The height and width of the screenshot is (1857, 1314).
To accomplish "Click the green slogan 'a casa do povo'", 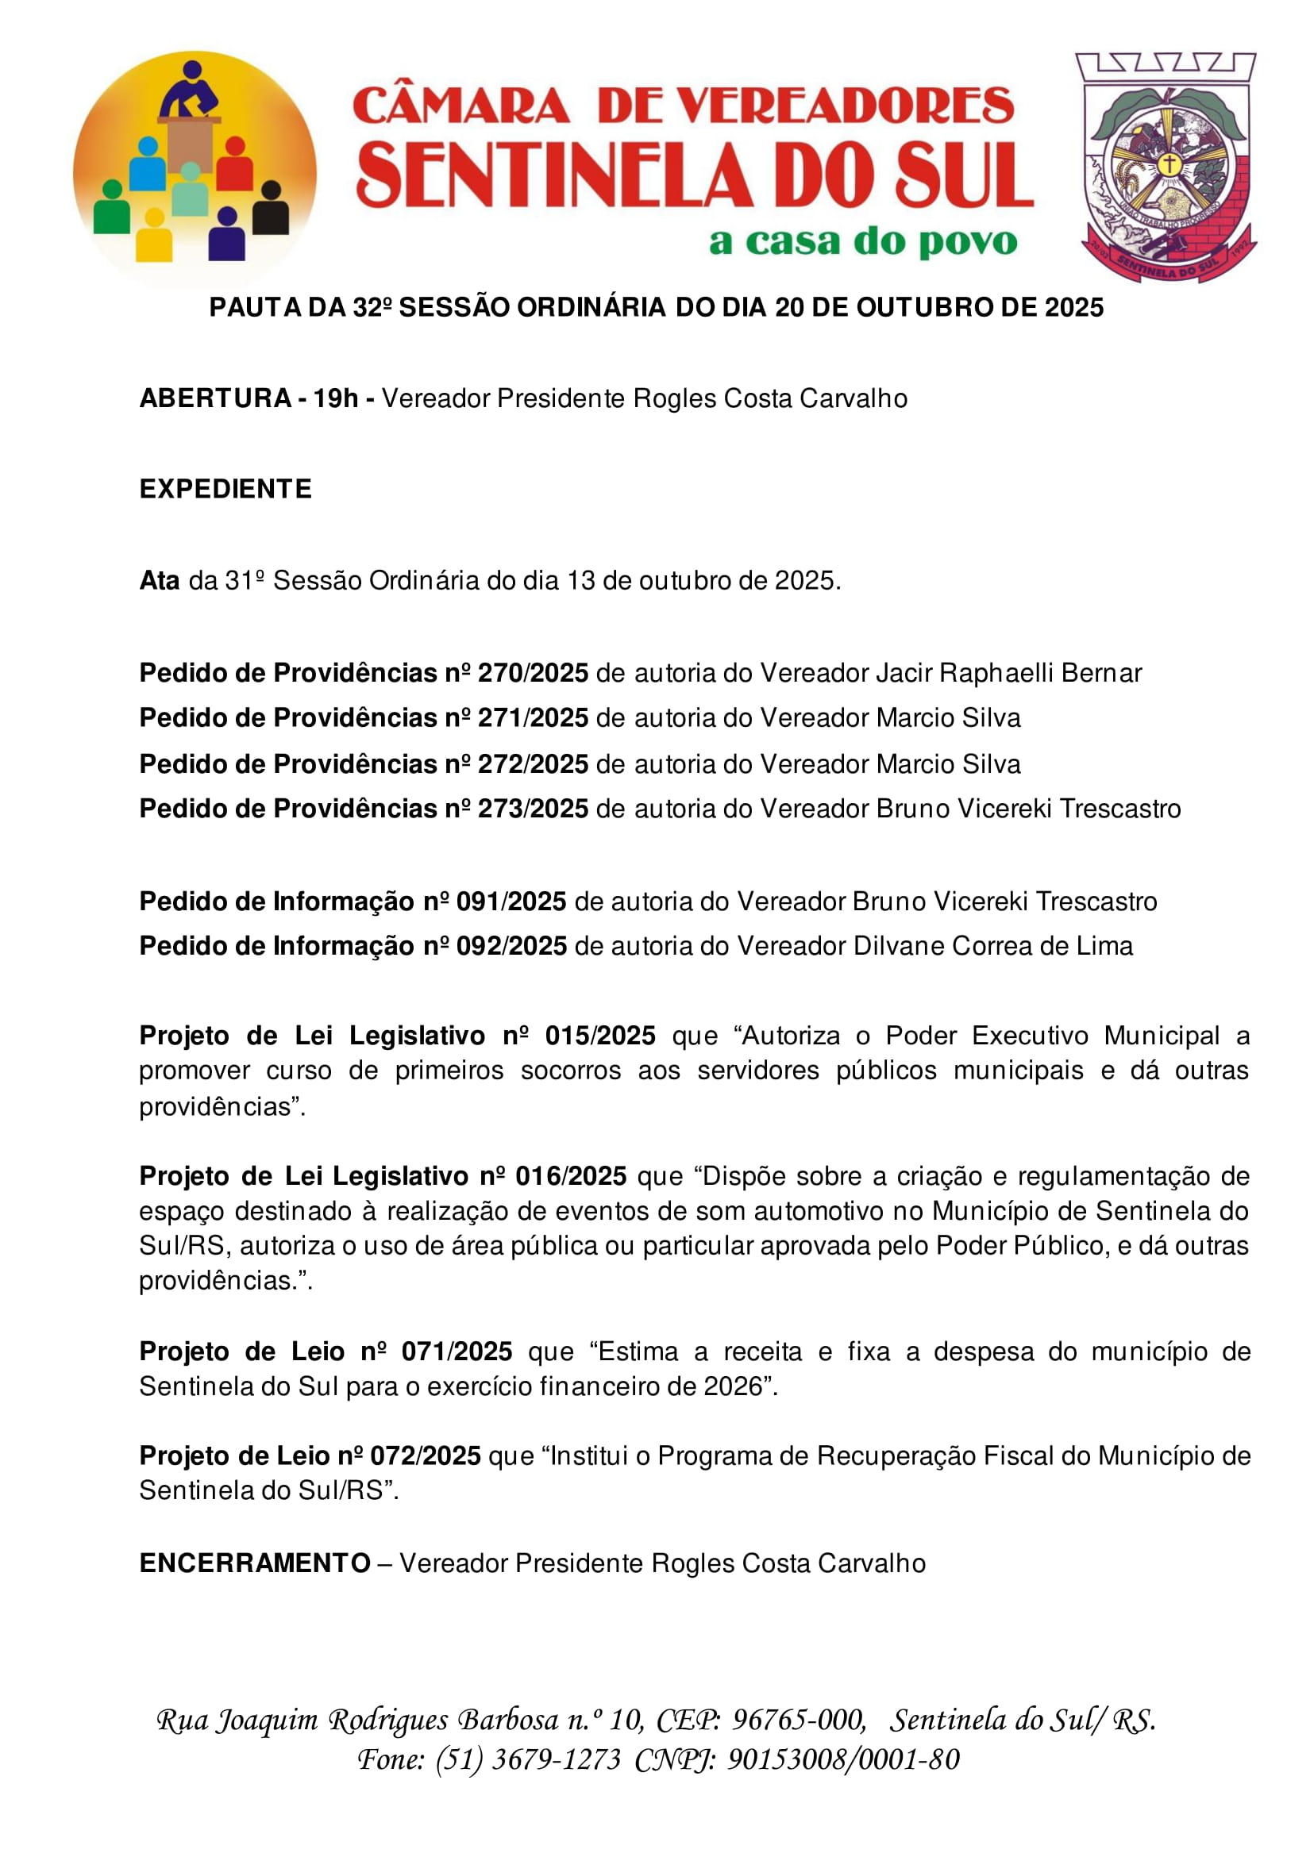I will [x=862, y=242].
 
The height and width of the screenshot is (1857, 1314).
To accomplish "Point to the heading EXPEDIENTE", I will [x=225, y=490].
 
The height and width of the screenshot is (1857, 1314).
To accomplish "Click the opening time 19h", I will [x=336, y=398].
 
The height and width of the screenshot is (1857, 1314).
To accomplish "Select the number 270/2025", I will [x=534, y=673].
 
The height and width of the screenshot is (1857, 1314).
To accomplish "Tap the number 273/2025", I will [x=534, y=809].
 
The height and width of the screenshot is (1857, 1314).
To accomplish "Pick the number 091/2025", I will [x=511, y=901].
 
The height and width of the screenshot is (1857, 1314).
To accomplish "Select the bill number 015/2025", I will [x=600, y=1036].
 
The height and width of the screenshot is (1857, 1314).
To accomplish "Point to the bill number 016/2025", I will [x=571, y=1176].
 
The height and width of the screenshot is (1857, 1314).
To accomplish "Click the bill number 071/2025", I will [x=457, y=1351].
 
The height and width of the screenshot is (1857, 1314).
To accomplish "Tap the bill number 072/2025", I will [x=426, y=1455].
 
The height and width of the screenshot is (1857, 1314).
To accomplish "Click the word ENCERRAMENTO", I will [x=255, y=1563].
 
